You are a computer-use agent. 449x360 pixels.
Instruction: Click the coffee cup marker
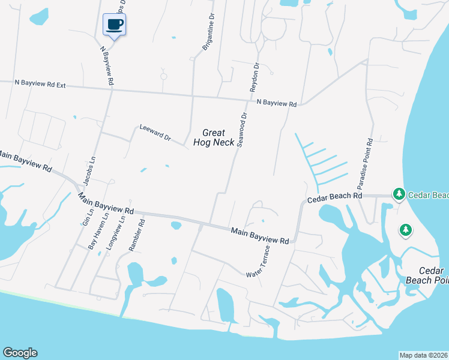tap(114, 25)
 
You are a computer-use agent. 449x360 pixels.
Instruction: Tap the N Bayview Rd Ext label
tap(40, 85)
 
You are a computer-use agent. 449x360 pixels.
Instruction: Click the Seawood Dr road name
tap(242, 130)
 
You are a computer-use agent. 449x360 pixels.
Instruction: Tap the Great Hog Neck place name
tap(214, 137)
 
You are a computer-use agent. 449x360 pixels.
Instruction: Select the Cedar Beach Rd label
tap(335, 197)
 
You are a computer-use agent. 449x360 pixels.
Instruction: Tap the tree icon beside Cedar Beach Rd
tap(398, 194)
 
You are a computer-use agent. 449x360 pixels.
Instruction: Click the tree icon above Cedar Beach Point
tap(406, 230)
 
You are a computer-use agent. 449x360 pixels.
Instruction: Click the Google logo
tap(20, 353)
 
